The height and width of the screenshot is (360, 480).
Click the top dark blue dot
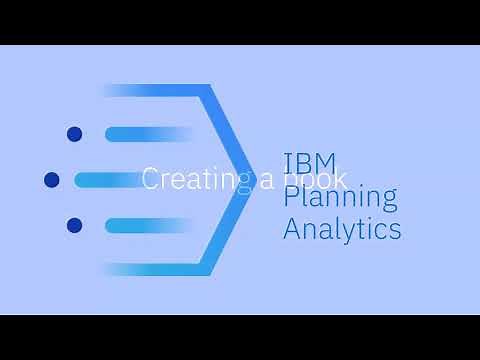tap(73, 134)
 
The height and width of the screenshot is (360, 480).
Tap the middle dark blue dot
tap(52, 180)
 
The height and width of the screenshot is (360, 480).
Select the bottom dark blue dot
tap(73, 226)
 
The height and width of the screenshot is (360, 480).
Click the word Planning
tap(326, 197)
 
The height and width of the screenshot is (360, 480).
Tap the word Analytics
tap(342, 230)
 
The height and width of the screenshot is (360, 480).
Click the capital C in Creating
tap(151, 180)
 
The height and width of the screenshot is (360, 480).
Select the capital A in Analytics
tap(292, 230)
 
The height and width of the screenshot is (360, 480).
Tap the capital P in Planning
tap(291, 196)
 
